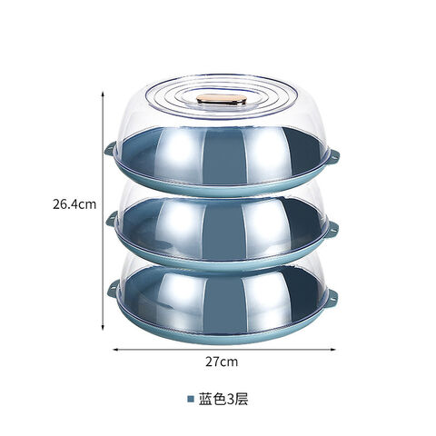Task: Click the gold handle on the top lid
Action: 222,99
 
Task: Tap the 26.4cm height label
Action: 74,204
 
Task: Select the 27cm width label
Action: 222,362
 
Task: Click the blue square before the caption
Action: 191,399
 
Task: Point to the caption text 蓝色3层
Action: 223,399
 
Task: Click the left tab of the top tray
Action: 110,149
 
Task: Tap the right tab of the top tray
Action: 333,156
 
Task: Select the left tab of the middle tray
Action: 112,219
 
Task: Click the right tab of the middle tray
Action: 332,229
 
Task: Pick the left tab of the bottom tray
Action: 114,288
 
